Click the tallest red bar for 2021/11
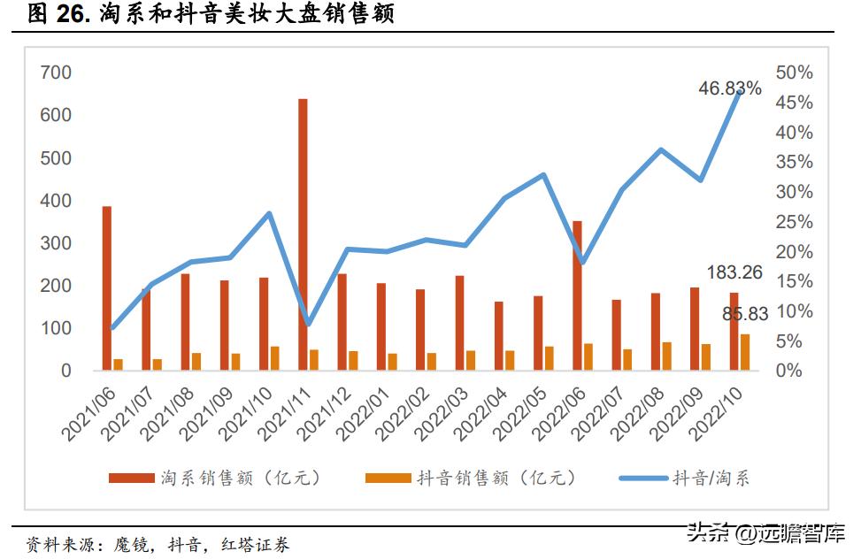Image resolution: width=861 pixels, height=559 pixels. [303, 234]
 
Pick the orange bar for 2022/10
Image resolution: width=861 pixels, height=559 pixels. [745, 352]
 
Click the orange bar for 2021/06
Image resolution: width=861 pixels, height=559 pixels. [118, 364]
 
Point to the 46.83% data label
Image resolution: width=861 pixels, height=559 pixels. [729, 88]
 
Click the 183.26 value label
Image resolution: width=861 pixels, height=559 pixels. [734, 272]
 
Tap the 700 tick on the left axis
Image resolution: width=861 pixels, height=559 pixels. [56, 73]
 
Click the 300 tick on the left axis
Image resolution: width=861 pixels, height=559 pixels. [56, 243]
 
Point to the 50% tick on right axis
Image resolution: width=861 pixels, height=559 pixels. [794, 73]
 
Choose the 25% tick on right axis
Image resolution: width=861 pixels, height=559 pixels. [794, 222]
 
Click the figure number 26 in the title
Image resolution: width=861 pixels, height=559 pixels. [68, 14]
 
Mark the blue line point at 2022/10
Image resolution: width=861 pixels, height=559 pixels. [739, 91]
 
